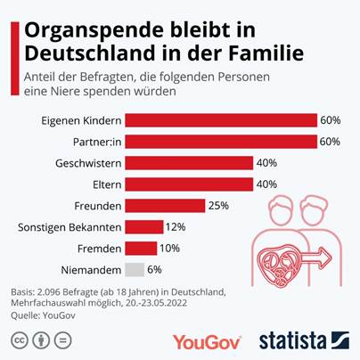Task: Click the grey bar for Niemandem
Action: pyautogui.click(x=134, y=269)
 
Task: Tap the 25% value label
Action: pyautogui.click(x=218, y=205)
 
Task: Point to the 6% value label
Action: pyautogui.click(x=155, y=269)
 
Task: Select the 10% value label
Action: pyautogui.click(x=170, y=248)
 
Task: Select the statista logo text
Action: pyautogui.click(x=290, y=340)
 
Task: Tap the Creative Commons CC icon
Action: pyautogui.click(x=18, y=340)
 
